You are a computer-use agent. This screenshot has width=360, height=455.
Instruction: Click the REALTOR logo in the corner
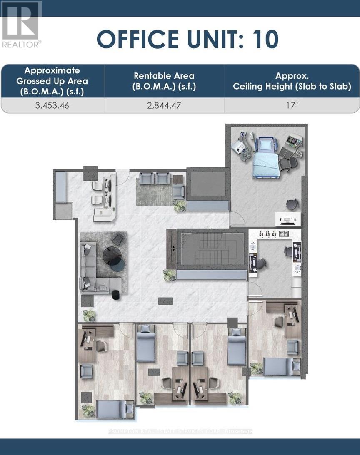pyautogui.click(x=21, y=24)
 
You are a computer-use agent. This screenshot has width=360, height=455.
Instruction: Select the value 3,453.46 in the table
pyautogui.click(x=52, y=106)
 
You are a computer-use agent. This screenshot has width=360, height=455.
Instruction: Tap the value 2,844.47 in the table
pyautogui.click(x=164, y=106)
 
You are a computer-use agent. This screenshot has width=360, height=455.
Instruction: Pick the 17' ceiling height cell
pyautogui.click(x=292, y=106)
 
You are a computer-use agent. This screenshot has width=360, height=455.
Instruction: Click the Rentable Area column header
pyautogui.click(x=164, y=81)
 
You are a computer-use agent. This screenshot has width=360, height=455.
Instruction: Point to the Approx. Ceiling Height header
pyautogui.click(x=292, y=81)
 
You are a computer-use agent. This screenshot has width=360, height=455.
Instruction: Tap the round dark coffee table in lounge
pyautogui.click(x=112, y=255)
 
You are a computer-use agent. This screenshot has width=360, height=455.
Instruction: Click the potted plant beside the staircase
pyautogui.click(x=170, y=275)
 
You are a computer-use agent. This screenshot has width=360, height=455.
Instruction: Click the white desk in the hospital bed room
pyautogui.click(x=288, y=219)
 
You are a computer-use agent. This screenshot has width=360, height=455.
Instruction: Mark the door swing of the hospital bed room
pyautogui.click(x=237, y=218)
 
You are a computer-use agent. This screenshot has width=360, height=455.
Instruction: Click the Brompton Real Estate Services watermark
pyautogui.click(x=180, y=431)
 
